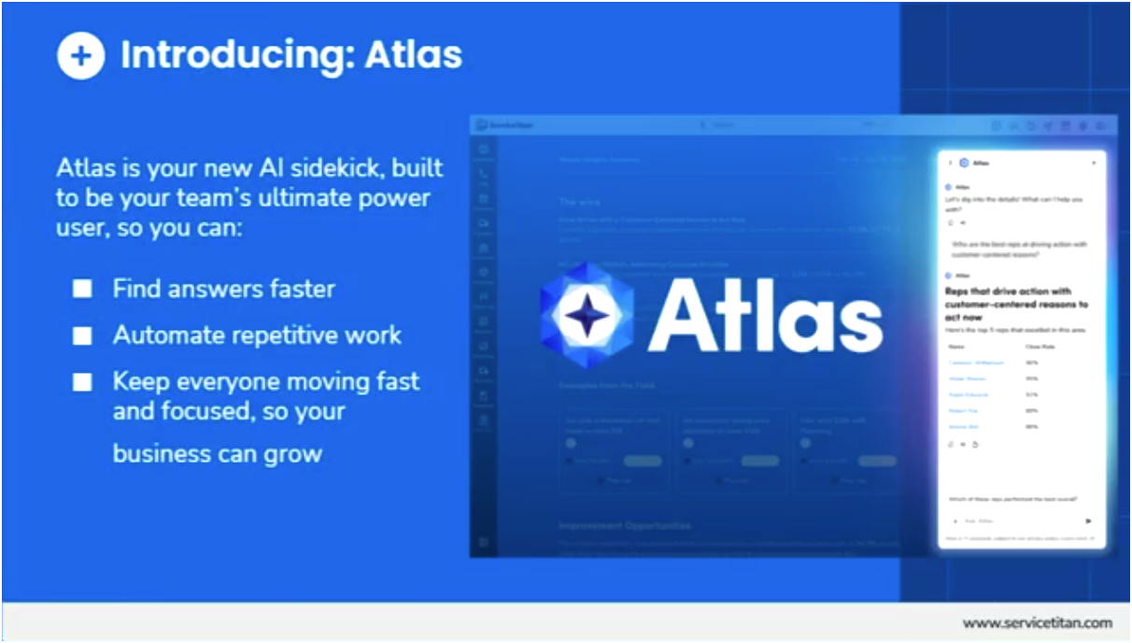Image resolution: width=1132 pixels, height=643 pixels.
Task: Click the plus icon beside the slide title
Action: [x=81, y=55]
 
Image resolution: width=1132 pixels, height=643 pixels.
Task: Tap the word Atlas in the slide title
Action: [x=414, y=55]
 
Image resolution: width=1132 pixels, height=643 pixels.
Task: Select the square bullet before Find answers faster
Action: [x=82, y=289]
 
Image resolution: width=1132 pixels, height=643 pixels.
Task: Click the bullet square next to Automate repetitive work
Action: [x=82, y=335]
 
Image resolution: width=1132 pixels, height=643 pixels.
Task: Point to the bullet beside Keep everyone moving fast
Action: [x=82, y=381]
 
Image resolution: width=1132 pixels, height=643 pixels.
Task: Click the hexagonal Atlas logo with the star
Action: [x=587, y=315]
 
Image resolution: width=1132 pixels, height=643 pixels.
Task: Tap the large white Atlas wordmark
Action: [x=765, y=315]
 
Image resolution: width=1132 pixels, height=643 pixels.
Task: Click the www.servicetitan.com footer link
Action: [x=1038, y=622]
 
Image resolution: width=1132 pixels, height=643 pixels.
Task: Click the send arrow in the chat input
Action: [x=1088, y=521]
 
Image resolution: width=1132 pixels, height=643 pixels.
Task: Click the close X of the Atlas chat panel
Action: [x=1094, y=163]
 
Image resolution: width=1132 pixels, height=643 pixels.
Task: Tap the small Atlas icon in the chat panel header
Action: [x=964, y=163]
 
